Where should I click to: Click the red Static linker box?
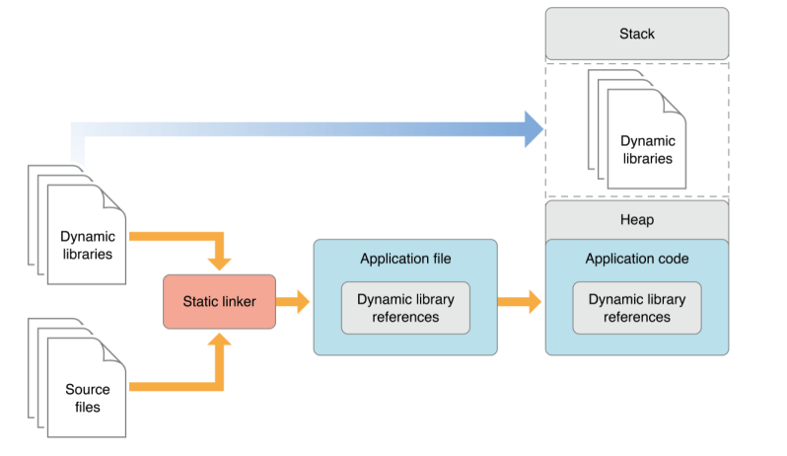(219, 301)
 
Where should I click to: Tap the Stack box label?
(637, 34)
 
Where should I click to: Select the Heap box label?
(637, 220)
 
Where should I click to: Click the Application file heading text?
(405, 259)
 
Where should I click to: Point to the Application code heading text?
(637, 259)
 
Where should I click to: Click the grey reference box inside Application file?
(405, 307)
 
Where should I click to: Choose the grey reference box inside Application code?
(637, 307)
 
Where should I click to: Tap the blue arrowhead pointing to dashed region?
(533, 129)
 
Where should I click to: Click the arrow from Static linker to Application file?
(293, 302)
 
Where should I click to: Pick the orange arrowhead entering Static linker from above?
(219, 263)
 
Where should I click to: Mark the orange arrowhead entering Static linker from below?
(219, 342)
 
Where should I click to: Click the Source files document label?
(88, 399)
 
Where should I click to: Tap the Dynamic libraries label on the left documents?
(88, 245)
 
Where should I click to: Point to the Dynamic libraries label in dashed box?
(647, 149)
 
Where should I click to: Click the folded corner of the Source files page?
(115, 351)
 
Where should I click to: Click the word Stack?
(637, 34)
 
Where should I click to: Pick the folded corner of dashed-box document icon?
(677, 101)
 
